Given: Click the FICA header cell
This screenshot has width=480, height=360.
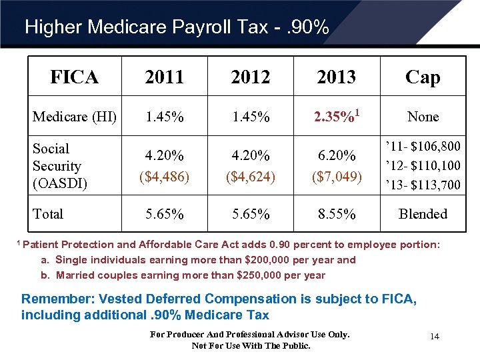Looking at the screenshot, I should pyautogui.click(x=75, y=77).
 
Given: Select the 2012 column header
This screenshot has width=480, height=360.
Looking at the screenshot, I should pyautogui.click(x=251, y=77).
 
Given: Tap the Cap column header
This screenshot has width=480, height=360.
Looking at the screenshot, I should pyautogui.click(x=423, y=77).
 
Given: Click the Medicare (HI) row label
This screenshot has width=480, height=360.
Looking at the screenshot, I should pyautogui.click(x=75, y=117).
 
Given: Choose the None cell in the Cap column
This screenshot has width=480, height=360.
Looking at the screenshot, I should pyautogui.click(x=423, y=117).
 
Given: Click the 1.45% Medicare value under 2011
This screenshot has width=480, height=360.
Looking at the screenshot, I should pyautogui.click(x=165, y=117).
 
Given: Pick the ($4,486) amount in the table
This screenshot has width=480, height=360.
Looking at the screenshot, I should pyautogui.click(x=165, y=177).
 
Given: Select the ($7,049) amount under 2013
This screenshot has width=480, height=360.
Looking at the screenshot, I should pyautogui.click(x=337, y=177).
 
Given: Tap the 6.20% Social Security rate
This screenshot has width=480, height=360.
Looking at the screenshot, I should pyautogui.click(x=337, y=156).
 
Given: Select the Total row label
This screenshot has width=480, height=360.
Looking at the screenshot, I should pyautogui.click(x=48, y=214).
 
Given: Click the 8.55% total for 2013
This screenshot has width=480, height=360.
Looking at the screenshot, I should pyautogui.click(x=337, y=214).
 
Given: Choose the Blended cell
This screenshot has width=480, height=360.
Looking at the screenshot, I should pyautogui.click(x=423, y=214).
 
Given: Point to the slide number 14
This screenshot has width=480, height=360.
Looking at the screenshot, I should pyautogui.click(x=434, y=337).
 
